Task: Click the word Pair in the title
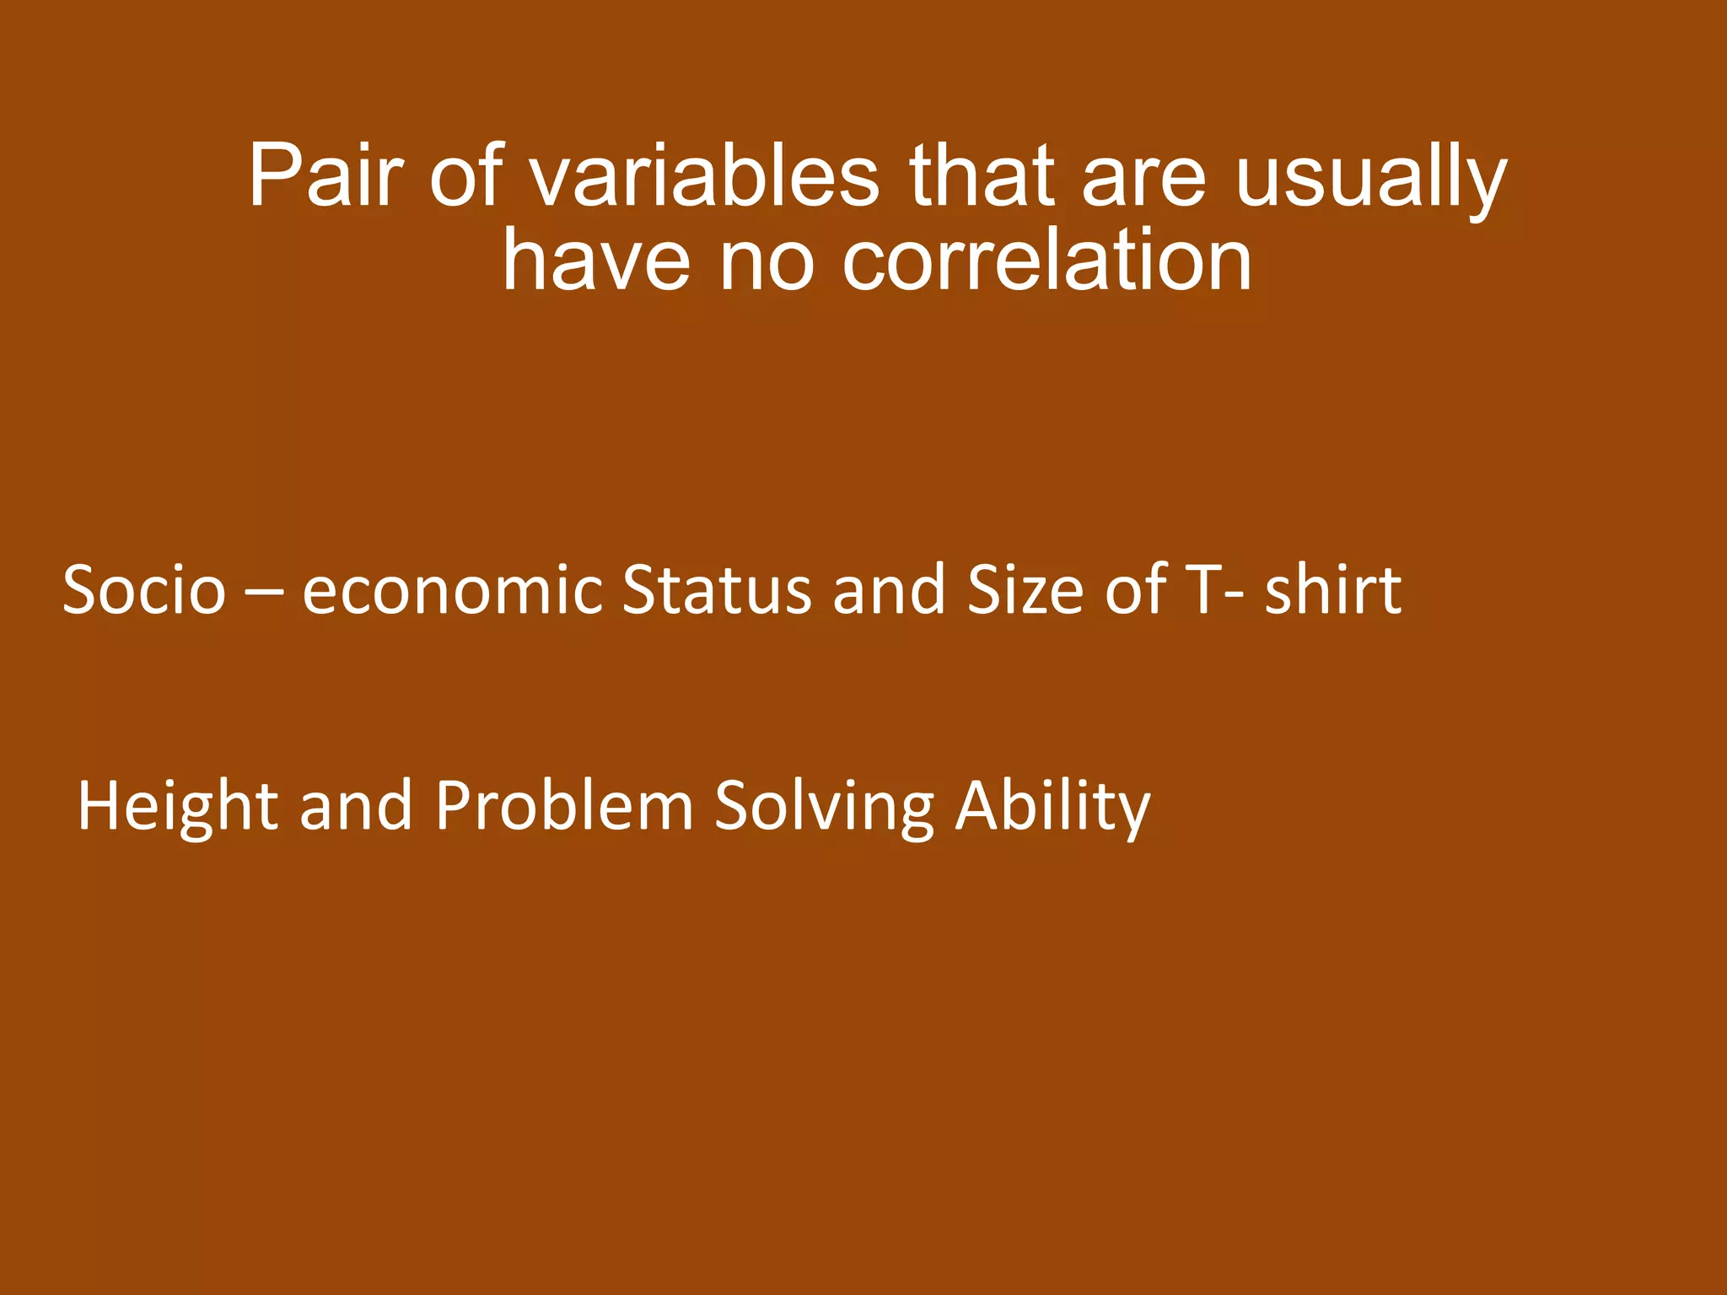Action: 325,176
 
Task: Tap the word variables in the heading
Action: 704,176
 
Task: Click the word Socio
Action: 144,589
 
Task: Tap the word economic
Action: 452,589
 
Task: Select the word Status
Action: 717,589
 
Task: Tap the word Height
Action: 177,808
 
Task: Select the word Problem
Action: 564,806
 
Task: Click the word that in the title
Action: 982,176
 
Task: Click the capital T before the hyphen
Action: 1202,589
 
